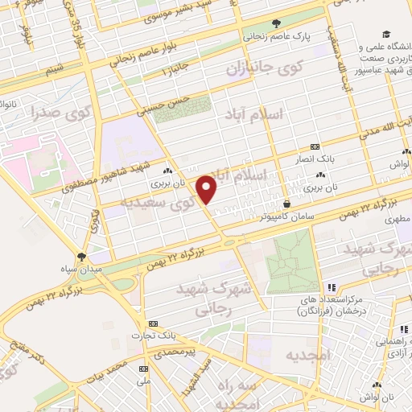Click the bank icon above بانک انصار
(314, 146)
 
